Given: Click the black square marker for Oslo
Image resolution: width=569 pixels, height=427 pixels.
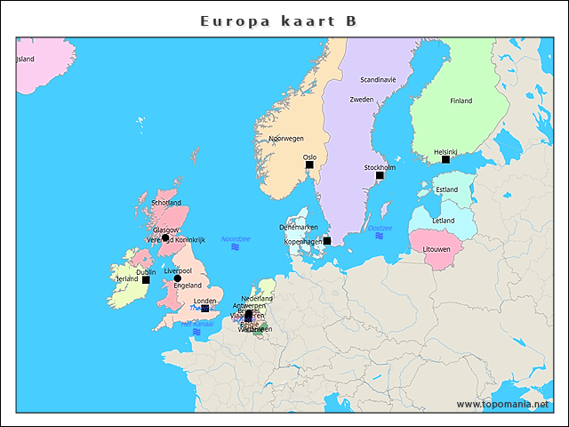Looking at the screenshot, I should pos(309,165).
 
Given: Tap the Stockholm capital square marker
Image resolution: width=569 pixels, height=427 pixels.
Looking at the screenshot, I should pos(380,175).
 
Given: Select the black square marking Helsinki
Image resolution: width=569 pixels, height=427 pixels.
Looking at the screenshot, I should pos(445,159).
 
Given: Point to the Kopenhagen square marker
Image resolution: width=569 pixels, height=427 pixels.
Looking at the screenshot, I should pos(327,240).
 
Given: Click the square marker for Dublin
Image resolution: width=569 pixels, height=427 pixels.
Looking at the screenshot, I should pos(146,279).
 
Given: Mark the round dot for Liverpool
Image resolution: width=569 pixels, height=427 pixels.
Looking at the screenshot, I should pos(177,278).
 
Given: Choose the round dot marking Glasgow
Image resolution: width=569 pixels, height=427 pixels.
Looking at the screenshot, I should pos(165,238).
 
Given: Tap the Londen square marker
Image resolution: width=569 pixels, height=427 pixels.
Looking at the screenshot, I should pos(205,309).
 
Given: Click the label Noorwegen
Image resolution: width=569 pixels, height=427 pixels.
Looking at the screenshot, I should pos(286,139).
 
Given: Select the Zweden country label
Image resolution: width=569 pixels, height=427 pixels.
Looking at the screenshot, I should pos(362,100).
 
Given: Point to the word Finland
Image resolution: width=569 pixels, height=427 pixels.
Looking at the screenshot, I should pos(461,101).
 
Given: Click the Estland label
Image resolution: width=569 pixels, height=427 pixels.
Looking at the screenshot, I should pos(447,189).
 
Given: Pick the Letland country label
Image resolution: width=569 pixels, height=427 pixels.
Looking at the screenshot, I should pos(444,221).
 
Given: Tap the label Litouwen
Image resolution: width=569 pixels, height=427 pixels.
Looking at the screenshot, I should pos(437,249).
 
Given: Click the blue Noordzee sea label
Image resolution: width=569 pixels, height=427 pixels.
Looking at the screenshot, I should pos(236,239).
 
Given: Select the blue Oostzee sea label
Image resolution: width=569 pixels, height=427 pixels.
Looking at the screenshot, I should pos(380,228).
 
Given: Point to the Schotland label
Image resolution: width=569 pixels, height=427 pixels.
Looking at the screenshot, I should pos(166,203).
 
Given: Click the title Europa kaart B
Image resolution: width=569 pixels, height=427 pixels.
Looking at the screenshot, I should pos(284,20).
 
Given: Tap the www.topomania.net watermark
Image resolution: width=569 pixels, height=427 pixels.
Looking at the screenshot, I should pos(502,404).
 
